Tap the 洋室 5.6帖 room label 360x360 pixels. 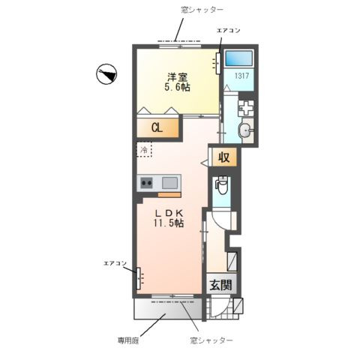178,80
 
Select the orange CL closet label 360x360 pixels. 157,128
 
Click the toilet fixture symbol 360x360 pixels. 222,185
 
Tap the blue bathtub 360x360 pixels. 241,57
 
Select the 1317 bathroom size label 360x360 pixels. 241,76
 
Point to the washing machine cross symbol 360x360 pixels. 247,106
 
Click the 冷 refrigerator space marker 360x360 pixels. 143,149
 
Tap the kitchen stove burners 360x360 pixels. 146,182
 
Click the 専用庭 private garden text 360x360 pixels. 130,340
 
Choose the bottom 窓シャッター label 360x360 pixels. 212,340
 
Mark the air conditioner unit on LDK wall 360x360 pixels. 138,279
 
